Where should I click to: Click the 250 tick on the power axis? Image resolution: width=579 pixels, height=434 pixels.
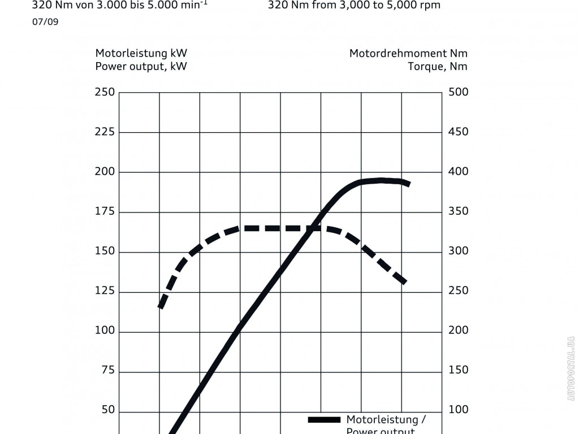point(105,92)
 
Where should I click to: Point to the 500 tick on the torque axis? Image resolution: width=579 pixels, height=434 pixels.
point(458,92)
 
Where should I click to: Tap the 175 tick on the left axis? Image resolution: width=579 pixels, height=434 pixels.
point(105,212)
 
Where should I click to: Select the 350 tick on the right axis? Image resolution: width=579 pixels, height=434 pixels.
point(458,212)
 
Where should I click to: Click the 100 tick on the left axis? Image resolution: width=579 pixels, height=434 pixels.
point(105,331)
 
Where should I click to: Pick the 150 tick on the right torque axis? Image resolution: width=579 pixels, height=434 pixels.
point(458,371)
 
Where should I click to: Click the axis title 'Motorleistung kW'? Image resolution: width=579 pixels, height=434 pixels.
point(141,54)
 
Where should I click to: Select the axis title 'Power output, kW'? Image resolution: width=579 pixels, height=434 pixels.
point(141,66)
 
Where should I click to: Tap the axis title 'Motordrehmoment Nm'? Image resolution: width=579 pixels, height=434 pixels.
point(408,54)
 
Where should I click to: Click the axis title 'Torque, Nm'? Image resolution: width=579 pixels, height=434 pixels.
point(438,66)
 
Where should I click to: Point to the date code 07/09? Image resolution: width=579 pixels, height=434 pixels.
point(45,22)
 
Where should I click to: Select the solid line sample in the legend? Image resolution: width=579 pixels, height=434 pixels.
point(324,420)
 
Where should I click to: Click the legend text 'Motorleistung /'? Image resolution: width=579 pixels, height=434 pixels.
point(386,420)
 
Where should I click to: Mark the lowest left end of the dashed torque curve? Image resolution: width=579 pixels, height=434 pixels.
point(161,307)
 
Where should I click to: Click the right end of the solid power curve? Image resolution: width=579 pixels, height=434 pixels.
point(408,184)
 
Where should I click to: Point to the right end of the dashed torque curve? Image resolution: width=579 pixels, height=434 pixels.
point(404,281)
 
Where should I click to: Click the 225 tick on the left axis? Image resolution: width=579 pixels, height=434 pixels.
point(105,132)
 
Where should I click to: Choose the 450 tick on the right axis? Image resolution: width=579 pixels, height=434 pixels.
point(458,132)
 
